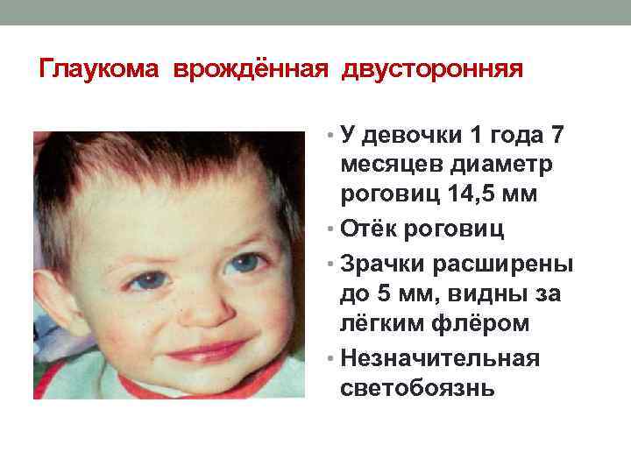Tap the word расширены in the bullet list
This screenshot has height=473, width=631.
coord(504,264)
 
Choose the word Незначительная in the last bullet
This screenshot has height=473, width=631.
coord(441,358)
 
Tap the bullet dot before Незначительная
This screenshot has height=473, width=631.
coord(327,358)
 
